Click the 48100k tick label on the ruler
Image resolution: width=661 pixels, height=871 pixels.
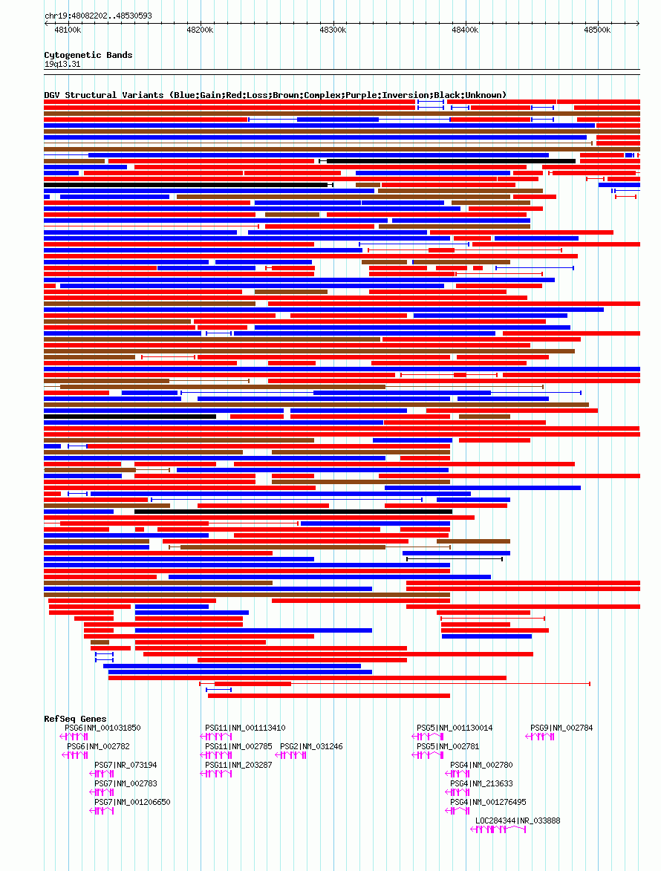(x=68, y=30)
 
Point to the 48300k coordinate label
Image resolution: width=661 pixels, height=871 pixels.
(x=333, y=30)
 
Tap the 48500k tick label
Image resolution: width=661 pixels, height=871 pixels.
(x=597, y=30)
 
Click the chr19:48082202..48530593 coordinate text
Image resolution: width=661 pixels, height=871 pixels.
(x=98, y=16)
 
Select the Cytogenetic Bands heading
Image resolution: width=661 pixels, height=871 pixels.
(x=88, y=55)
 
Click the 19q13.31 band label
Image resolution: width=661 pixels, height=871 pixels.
(x=62, y=65)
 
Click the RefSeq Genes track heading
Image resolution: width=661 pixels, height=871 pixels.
(x=75, y=719)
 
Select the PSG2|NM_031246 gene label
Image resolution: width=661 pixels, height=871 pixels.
(x=312, y=746)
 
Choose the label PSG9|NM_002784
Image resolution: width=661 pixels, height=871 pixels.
(x=561, y=728)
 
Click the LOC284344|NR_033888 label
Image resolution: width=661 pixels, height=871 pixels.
(x=518, y=821)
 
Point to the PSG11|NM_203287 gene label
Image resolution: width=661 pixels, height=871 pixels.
(x=239, y=765)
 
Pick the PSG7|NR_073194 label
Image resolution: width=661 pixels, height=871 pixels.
(x=126, y=765)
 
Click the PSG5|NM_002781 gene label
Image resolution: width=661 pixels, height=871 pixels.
(x=449, y=746)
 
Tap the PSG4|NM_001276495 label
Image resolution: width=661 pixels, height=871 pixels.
(x=488, y=802)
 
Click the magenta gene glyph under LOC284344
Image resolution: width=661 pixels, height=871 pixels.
(x=498, y=829)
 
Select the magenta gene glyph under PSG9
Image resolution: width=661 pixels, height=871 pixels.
(x=540, y=737)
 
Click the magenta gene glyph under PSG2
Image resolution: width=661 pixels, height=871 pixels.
(x=290, y=755)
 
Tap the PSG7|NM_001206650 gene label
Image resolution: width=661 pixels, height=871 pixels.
(x=132, y=802)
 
